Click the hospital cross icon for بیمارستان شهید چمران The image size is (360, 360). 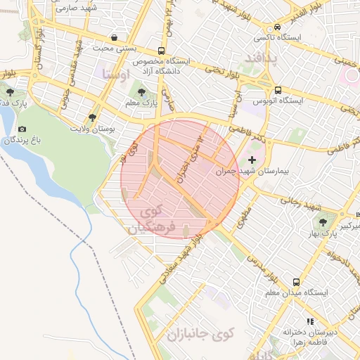point(252,161)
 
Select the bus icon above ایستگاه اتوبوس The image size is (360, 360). point(278,90)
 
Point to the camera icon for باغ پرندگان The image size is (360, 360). point(22,129)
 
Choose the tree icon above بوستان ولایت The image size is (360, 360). point(92,118)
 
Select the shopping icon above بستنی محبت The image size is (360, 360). point(114,36)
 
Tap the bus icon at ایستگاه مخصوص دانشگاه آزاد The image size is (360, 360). point(162,51)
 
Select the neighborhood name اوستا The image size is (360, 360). point(116,73)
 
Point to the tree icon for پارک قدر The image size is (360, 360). point(9,91)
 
